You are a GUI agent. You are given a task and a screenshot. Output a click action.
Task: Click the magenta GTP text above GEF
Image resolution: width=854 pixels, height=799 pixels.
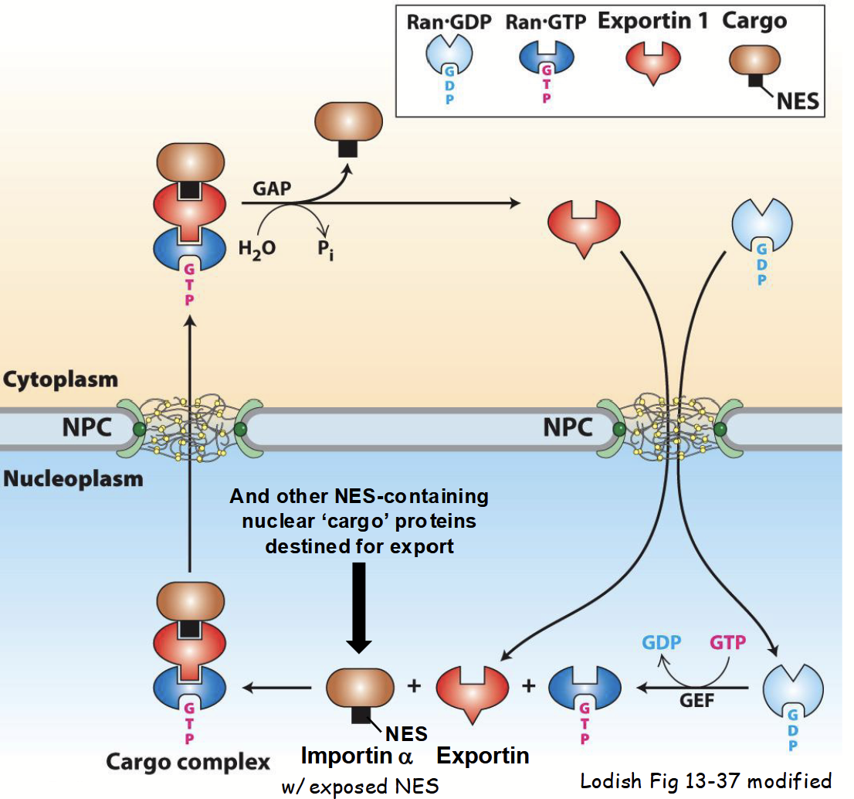(727, 644)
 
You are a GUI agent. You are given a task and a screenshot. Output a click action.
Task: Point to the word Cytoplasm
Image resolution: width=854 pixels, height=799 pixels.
(60, 379)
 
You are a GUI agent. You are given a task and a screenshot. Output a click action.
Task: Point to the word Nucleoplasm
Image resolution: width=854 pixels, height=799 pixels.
(73, 478)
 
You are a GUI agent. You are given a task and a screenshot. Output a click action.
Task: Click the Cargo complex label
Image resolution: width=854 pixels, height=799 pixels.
(188, 763)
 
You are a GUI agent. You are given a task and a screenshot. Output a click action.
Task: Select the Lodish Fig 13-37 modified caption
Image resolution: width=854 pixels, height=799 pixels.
(706, 780)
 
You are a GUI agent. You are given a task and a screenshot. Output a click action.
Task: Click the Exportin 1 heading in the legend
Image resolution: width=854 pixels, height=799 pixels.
(652, 21)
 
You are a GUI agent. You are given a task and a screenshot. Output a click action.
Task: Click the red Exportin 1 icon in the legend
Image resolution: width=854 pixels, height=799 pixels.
(652, 62)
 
